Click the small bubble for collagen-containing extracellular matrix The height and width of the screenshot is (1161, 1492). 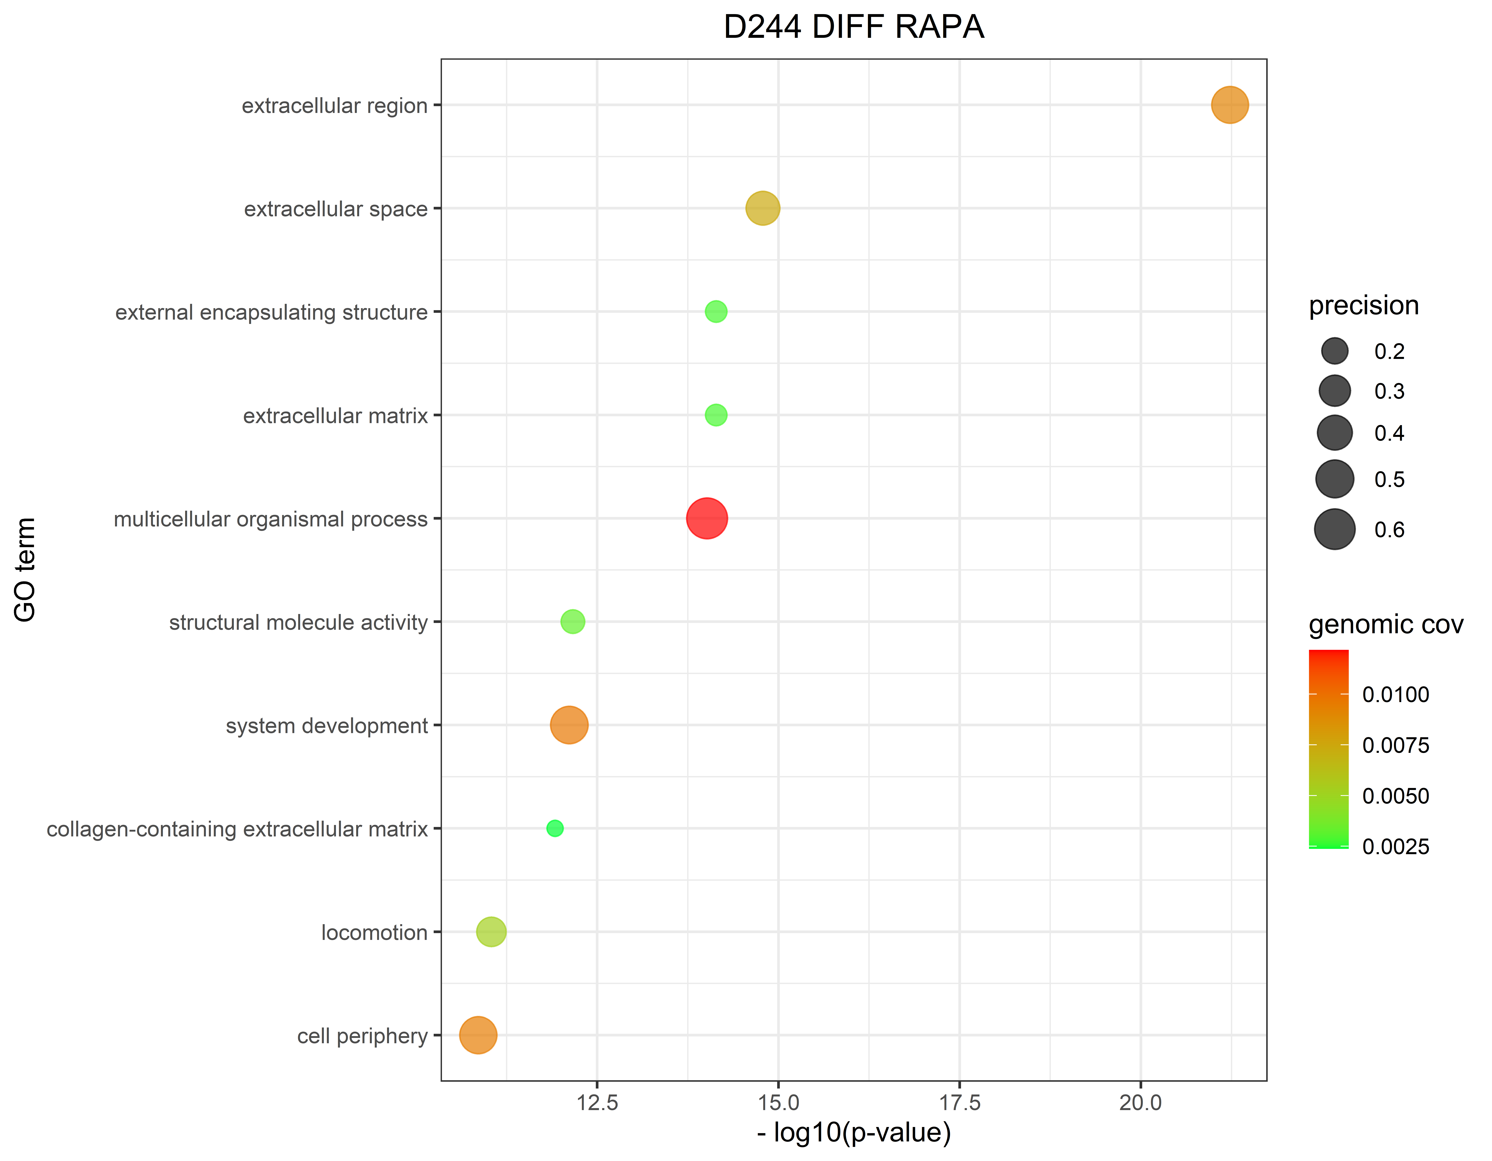pos(555,828)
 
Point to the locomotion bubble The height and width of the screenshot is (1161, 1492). pos(491,931)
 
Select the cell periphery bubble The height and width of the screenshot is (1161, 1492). pos(478,1035)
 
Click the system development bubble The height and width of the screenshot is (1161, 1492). pos(569,725)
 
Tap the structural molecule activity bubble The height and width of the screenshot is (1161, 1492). pos(572,622)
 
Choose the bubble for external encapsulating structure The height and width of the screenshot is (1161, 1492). pos(716,312)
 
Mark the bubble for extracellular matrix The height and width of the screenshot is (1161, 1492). pos(716,415)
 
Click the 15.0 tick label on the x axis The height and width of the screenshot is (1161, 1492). pos(778,1103)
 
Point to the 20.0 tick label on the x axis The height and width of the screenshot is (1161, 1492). pos(1140,1103)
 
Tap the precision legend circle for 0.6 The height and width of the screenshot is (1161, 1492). pos(1334,530)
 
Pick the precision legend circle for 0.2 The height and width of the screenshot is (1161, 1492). pos(1334,351)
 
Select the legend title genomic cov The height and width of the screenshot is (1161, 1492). pos(1385,625)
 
